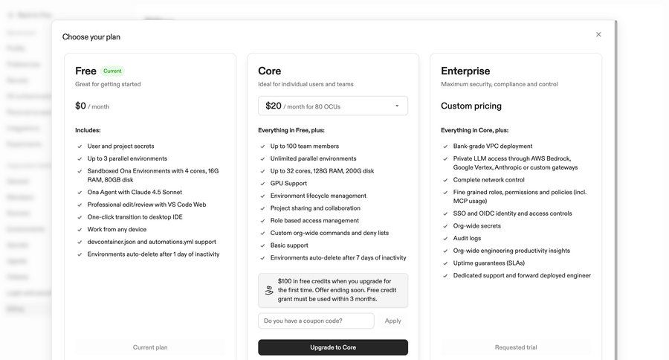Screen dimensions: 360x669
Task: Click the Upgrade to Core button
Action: click(333, 347)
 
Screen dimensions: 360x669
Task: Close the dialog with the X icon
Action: click(598, 34)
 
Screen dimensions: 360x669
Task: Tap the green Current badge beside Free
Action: click(112, 71)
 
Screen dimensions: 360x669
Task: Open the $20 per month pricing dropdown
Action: click(333, 106)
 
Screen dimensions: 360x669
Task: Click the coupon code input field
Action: click(316, 321)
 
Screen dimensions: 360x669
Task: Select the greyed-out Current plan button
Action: click(150, 347)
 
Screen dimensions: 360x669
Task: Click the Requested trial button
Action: click(516, 347)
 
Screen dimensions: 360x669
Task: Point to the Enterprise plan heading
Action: click(465, 71)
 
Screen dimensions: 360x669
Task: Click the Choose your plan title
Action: click(91, 36)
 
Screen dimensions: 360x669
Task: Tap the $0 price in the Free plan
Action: click(81, 106)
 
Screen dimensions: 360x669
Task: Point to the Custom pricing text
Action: click(471, 106)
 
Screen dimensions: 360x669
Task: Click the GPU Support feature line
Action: click(288, 183)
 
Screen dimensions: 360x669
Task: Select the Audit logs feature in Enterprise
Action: click(467, 238)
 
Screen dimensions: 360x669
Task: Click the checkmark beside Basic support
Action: click(262, 245)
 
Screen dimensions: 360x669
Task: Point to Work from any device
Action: click(117, 229)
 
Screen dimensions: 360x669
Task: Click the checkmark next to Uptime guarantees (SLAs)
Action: click(445, 263)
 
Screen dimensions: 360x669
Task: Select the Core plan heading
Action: click(270, 71)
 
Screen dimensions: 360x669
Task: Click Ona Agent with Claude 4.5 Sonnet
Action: click(135, 192)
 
